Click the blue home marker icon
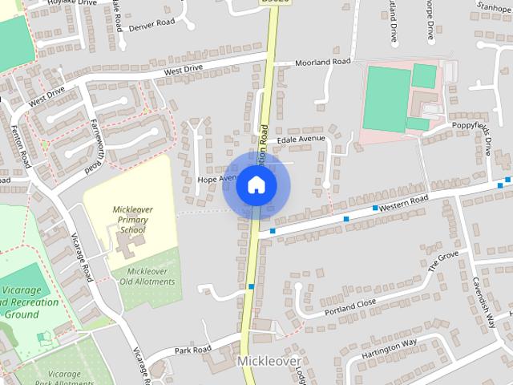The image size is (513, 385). pyautogui.click(x=256, y=185)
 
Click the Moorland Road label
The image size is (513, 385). pyautogui.click(x=323, y=62)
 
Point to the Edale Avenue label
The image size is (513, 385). pyautogui.click(x=301, y=139)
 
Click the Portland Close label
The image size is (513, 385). pyautogui.click(x=349, y=306)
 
